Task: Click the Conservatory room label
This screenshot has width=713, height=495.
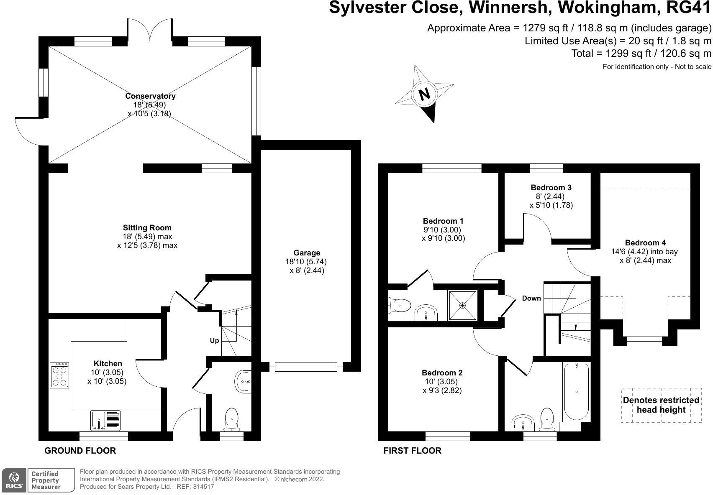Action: click(x=150, y=96)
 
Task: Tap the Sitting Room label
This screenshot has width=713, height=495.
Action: click(x=147, y=228)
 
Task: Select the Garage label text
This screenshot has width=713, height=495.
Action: click(x=307, y=253)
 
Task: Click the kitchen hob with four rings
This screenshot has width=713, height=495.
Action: click(x=59, y=375)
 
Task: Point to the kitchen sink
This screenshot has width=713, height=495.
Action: click(x=105, y=420)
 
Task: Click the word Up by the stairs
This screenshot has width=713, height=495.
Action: click(x=214, y=341)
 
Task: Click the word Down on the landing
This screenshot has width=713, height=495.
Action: click(x=531, y=299)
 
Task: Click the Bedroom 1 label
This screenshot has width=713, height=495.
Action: click(x=443, y=221)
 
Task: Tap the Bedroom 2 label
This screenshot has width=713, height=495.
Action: click(x=442, y=373)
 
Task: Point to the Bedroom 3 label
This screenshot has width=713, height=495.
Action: click(x=551, y=188)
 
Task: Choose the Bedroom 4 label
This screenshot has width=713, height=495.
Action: click(x=645, y=243)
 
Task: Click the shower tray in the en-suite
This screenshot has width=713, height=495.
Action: click(x=462, y=306)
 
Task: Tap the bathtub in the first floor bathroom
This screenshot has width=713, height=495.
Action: click(x=577, y=392)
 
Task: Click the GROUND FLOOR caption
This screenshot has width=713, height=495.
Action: click(x=80, y=451)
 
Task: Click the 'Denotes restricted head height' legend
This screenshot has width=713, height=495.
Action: click(x=661, y=405)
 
